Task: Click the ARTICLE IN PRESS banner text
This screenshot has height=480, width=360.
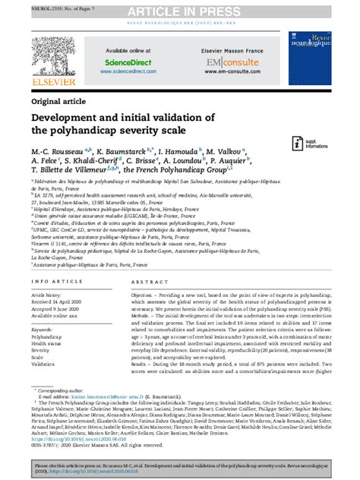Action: click(180, 10)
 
